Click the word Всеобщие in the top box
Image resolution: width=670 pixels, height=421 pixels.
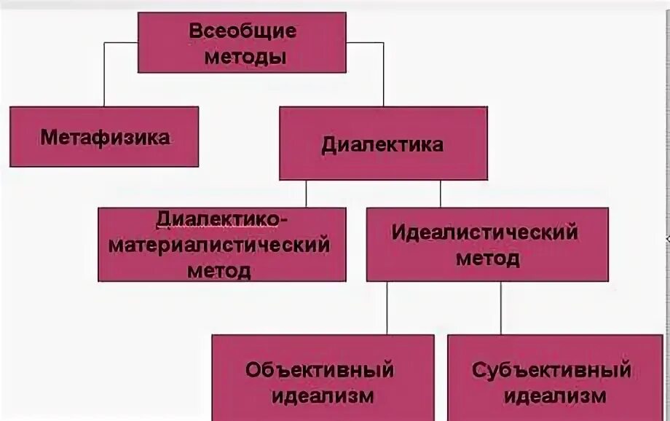point(242,31)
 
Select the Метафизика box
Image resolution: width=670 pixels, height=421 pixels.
point(104,137)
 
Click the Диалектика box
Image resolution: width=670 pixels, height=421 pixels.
point(383,143)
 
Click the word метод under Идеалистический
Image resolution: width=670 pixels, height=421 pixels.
point(487,259)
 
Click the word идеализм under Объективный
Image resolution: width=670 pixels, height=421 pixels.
point(322,396)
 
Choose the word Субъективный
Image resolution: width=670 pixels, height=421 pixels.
point(551,369)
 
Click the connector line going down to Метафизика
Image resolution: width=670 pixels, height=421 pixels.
point(104,73)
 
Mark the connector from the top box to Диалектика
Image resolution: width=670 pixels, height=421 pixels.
point(383,73)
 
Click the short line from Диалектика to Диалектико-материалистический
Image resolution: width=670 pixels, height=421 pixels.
point(306,194)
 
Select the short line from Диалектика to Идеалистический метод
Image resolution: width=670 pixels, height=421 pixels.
point(441,194)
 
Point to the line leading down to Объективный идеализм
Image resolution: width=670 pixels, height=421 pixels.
point(387,307)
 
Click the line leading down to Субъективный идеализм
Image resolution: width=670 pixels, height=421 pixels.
point(500,307)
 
